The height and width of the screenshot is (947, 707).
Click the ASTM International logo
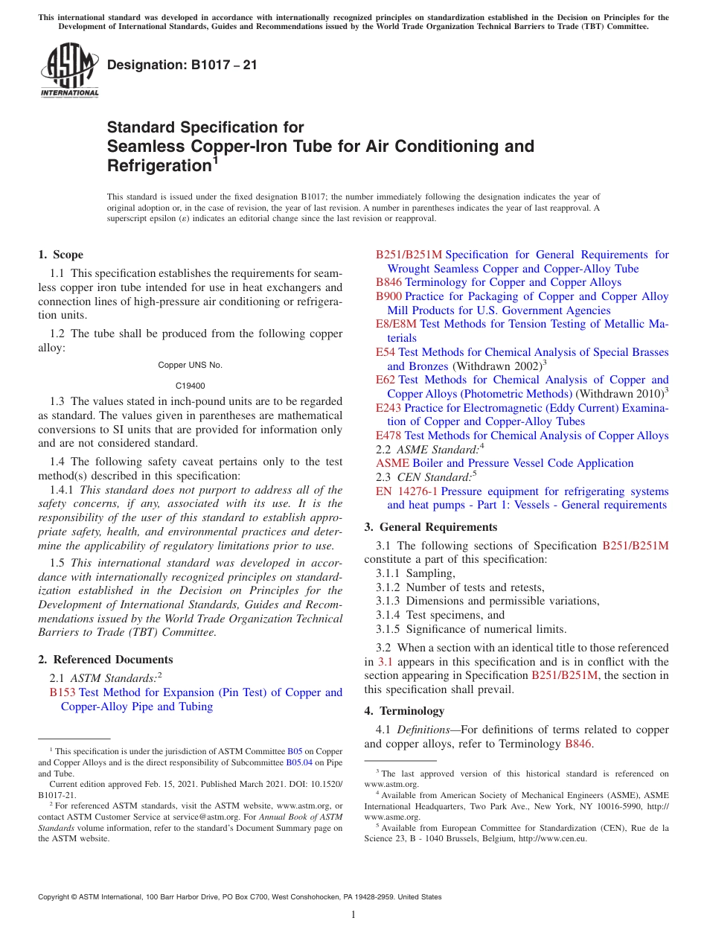[69, 71]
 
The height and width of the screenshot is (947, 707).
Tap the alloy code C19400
[191, 386]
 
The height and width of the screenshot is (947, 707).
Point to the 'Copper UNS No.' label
[191, 365]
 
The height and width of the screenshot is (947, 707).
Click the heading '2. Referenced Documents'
[106, 660]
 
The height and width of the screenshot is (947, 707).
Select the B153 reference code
[63, 692]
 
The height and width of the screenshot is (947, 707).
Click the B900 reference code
[388, 296]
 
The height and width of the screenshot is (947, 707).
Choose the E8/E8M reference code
[396, 324]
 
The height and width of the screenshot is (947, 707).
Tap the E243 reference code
[388, 408]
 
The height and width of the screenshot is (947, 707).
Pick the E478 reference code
[388, 436]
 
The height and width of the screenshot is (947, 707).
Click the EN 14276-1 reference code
[406, 491]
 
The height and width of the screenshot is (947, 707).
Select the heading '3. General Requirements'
[431, 527]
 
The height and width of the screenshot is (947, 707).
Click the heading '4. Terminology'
[404, 711]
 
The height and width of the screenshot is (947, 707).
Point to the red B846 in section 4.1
[578, 744]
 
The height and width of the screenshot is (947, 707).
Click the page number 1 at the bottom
[353, 914]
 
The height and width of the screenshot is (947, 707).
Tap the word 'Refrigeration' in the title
[159, 165]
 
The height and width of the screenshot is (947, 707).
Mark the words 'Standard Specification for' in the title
[205, 127]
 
